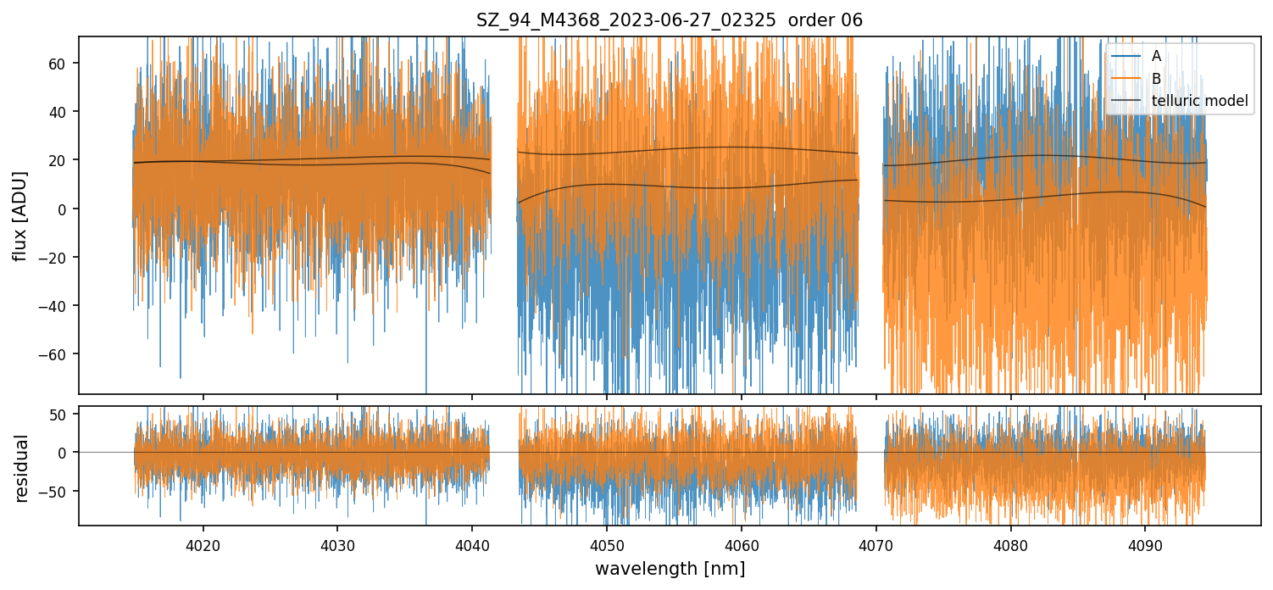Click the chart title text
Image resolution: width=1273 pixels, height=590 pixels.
click(x=670, y=20)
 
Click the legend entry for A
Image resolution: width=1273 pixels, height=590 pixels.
click(x=1156, y=57)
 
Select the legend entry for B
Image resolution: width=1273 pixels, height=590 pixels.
click(x=1156, y=79)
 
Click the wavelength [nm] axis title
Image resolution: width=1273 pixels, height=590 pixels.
click(x=670, y=569)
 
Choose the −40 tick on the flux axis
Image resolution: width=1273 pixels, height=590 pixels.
click(x=58, y=306)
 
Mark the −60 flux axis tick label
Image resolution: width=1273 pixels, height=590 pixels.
click(x=58, y=354)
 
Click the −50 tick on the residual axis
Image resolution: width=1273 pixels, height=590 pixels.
click(x=58, y=492)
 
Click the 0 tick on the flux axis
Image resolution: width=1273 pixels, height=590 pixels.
click(x=66, y=209)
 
